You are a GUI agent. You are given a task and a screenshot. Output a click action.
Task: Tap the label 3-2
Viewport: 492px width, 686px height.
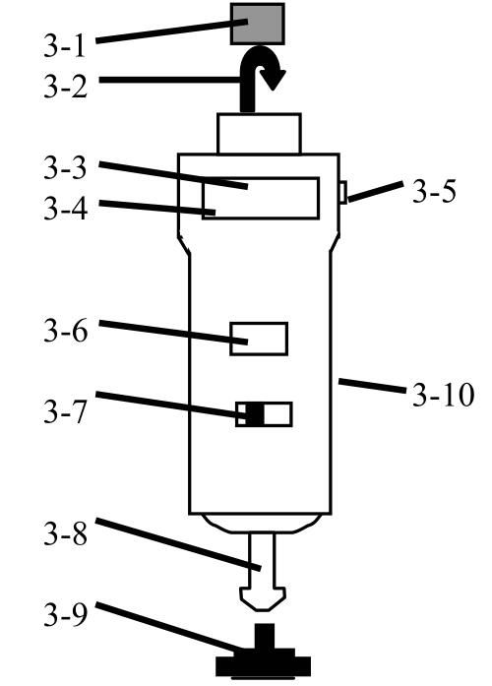[65, 87]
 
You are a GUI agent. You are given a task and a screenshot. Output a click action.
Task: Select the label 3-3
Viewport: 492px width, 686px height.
[65, 168]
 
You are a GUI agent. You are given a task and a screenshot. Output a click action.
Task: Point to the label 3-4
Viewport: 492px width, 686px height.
[65, 208]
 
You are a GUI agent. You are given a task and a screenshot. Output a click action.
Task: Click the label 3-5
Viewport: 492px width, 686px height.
[434, 191]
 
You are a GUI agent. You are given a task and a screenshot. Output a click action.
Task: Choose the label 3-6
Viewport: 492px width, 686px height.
[65, 331]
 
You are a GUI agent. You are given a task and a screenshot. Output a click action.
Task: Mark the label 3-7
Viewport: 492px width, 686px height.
[65, 411]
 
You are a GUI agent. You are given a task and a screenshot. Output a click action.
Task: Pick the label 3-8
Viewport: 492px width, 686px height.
[65, 533]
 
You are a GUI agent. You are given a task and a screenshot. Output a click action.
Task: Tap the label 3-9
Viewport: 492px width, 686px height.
[65, 615]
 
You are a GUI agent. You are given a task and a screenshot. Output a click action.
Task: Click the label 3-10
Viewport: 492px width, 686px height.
[443, 395]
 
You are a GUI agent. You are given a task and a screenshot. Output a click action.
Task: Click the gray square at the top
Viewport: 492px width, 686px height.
[258, 24]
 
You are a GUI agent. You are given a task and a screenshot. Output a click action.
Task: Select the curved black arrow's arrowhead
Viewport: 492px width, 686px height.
[273, 79]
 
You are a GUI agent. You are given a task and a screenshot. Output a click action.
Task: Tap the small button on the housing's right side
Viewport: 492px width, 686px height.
[343, 193]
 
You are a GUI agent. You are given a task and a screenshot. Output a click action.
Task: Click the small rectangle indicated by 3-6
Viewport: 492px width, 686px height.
[259, 339]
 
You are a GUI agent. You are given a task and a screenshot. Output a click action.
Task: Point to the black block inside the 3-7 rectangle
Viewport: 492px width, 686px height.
[255, 414]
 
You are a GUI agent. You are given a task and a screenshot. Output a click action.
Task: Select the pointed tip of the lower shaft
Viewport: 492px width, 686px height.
[263, 610]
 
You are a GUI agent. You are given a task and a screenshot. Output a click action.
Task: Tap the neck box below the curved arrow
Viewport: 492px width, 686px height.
[259, 134]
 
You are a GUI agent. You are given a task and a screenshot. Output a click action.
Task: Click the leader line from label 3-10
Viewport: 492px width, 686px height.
[372, 387]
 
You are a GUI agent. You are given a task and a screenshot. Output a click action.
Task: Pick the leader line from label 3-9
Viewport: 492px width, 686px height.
[169, 627]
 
